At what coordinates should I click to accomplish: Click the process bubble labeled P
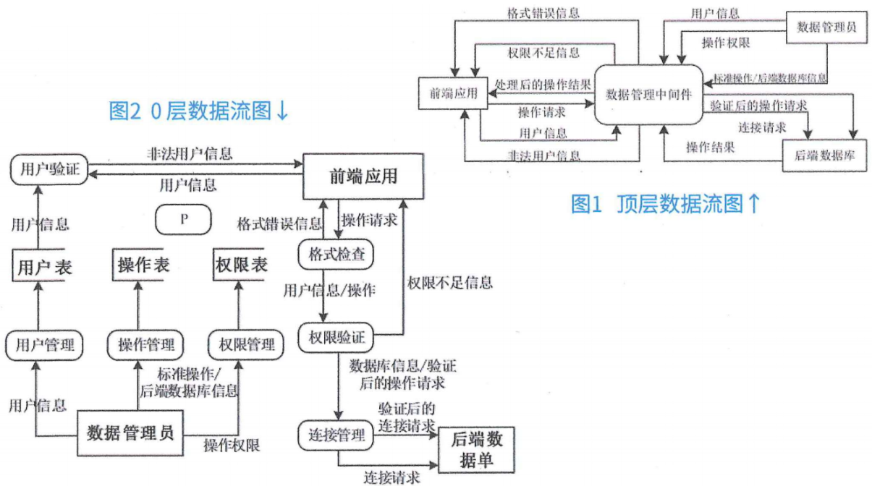pos(184,219)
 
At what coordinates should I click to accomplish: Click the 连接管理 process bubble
pos(336,436)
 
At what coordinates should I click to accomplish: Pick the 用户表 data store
pos(43,266)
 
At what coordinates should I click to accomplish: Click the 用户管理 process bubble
pos(43,344)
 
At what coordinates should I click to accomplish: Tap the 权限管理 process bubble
pos(241,344)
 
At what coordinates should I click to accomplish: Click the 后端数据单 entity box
pos(477,450)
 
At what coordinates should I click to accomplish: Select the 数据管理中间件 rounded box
pos(648,93)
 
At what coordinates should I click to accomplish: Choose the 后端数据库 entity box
pos(824,155)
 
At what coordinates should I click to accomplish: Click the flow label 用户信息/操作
pos(329,291)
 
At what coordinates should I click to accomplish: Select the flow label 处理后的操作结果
pos(543,84)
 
